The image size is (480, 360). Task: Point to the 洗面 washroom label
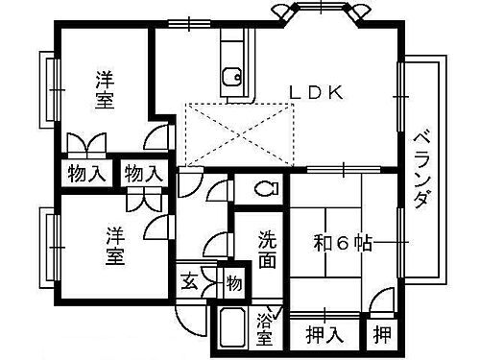pos(270,249)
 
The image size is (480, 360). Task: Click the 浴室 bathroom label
pos(265,329)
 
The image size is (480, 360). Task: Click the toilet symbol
pos(265,188)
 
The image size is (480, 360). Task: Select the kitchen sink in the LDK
pos(230,74)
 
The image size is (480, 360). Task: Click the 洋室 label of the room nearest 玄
pos(113,246)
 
